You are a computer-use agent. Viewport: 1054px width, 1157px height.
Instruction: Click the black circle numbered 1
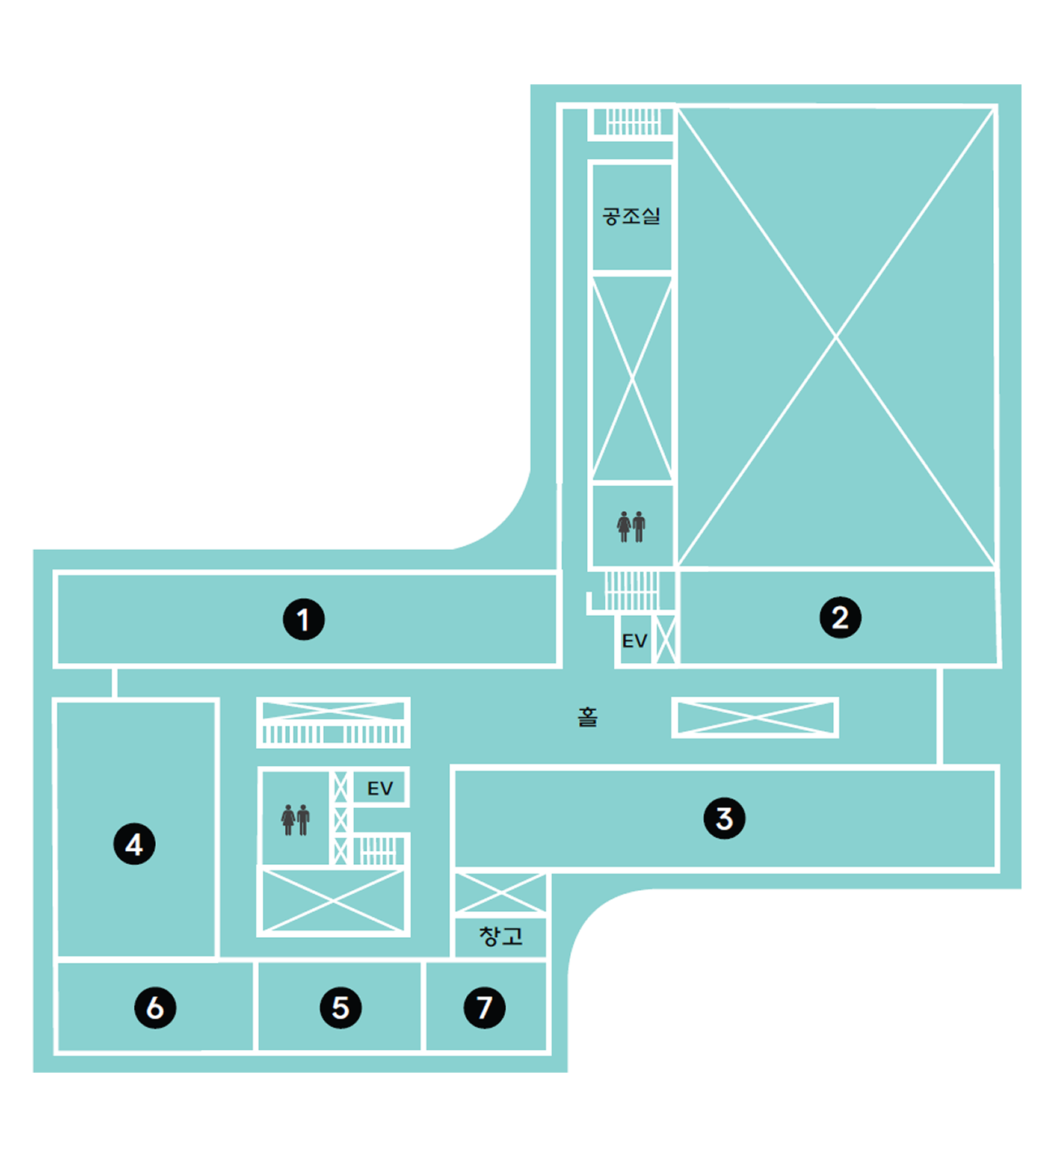point(304,619)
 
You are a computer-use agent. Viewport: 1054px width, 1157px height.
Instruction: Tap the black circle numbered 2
point(840,617)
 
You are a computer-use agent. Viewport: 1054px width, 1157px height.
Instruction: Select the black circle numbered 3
point(724,819)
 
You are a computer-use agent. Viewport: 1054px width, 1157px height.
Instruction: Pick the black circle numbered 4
point(135,844)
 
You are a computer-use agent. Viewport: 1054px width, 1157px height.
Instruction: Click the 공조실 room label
point(632,217)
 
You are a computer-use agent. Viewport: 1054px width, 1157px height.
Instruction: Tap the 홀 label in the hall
point(588,717)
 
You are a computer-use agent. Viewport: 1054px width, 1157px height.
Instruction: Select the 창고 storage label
point(501,935)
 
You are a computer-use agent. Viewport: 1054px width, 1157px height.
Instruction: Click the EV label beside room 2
point(634,641)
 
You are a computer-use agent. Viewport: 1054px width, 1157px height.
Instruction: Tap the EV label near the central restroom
point(380,789)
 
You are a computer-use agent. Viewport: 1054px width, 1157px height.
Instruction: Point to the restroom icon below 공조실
point(631,527)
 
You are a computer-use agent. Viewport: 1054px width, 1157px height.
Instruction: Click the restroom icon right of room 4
point(296,819)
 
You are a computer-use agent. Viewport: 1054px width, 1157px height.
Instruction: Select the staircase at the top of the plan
point(632,122)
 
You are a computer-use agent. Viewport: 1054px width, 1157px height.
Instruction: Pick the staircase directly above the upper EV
point(632,591)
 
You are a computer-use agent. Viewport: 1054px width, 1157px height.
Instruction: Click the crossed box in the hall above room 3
point(755,717)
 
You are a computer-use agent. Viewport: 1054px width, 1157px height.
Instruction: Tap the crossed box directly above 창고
point(500,893)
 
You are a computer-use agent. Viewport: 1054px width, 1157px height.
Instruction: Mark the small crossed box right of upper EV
point(666,640)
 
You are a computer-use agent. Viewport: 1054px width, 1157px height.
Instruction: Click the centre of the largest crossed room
point(836,337)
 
